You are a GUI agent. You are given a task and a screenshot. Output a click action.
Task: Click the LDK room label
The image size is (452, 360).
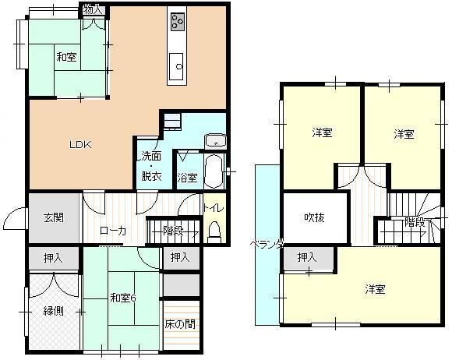(x=80, y=144)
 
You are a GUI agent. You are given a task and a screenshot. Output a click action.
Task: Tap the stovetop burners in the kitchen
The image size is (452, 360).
(x=178, y=22)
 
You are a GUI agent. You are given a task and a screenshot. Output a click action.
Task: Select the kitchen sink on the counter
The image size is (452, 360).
(x=176, y=66)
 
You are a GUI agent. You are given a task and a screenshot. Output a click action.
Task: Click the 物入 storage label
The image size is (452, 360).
(x=92, y=10)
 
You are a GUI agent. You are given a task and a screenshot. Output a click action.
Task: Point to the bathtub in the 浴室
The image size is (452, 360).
(x=214, y=171)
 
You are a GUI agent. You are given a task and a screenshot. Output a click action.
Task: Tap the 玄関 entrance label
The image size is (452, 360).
(x=54, y=217)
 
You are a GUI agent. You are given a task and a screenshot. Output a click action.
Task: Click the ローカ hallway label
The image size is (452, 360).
(x=113, y=231)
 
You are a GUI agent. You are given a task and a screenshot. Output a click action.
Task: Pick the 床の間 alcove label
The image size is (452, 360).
(x=180, y=324)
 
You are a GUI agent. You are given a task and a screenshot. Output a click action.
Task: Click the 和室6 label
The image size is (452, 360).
(x=123, y=298)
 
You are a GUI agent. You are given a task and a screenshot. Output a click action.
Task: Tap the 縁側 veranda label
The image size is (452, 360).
(x=53, y=311)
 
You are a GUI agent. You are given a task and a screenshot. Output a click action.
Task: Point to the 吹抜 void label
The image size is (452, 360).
(x=315, y=217)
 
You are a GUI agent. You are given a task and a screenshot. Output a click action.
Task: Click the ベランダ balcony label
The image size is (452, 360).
(x=267, y=245)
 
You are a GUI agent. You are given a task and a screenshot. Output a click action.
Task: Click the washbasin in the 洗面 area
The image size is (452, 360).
(x=215, y=142)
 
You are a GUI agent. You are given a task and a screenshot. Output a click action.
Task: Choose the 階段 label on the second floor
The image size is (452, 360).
(x=415, y=223)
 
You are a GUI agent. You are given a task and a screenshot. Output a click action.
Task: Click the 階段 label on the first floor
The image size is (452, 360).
(x=173, y=231)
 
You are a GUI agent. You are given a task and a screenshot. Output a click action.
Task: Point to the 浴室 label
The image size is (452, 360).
(x=187, y=178)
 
